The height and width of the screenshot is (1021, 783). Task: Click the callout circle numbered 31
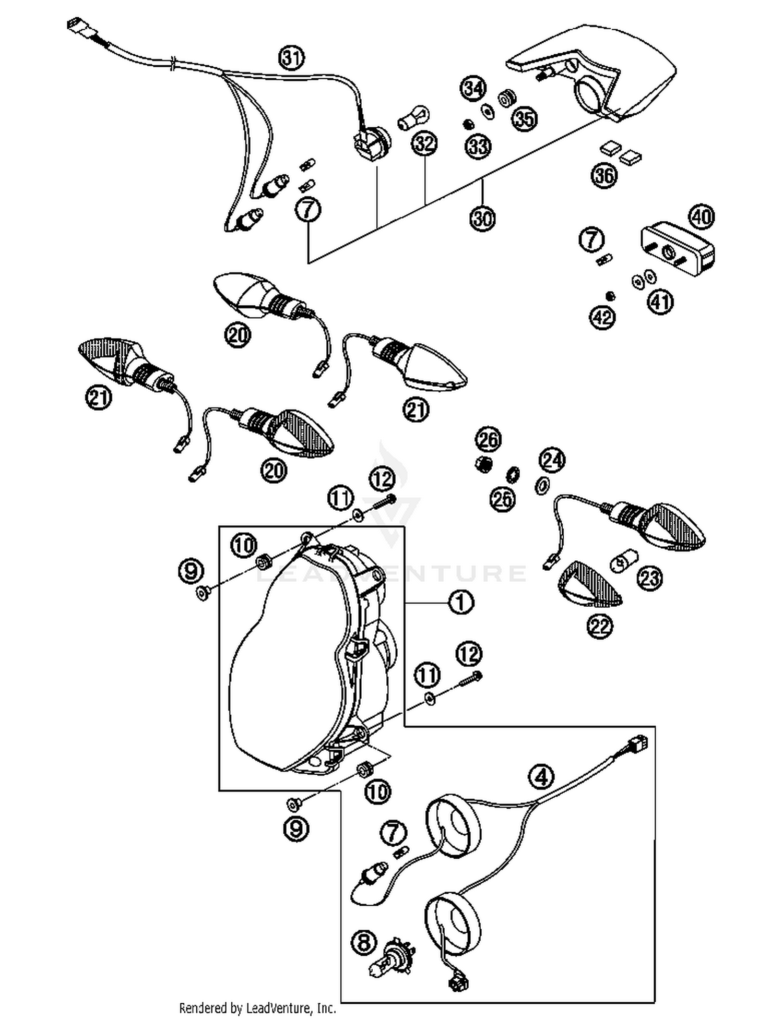[x=292, y=58]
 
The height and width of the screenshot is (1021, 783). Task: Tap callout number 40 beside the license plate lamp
[x=702, y=217]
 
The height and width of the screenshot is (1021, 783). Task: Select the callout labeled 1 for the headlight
[x=460, y=603]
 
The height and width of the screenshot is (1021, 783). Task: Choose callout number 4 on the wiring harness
[x=541, y=777]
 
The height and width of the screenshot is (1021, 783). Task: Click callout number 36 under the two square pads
[x=604, y=175]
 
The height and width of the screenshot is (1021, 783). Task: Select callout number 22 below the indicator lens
[x=600, y=626]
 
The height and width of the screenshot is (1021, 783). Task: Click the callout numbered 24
[x=553, y=460]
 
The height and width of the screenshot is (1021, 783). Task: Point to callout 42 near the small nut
[x=603, y=317]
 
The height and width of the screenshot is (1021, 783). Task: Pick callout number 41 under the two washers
[x=660, y=302]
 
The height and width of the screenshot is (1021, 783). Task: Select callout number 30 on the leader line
[x=482, y=218]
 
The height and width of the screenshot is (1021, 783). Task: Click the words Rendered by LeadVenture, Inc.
[x=257, y=1008]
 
